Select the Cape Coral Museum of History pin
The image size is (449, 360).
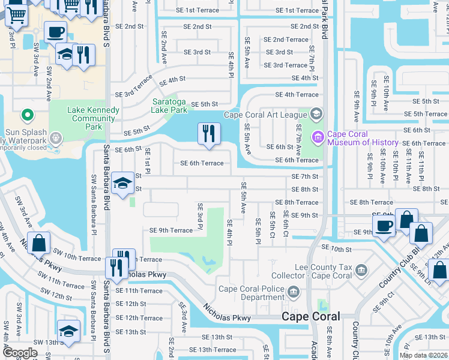tap(317, 137)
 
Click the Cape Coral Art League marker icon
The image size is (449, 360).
tap(317, 114)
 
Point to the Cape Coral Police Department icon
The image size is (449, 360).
tap(294, 293)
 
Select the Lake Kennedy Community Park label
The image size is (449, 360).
tap(84, 114)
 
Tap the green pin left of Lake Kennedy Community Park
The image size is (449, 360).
tap(26, 115)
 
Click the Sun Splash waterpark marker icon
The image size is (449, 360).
tap(56, 138)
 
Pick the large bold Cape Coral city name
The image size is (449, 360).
tap(311, 316)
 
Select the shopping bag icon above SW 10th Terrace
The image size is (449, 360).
tap(39, 243)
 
